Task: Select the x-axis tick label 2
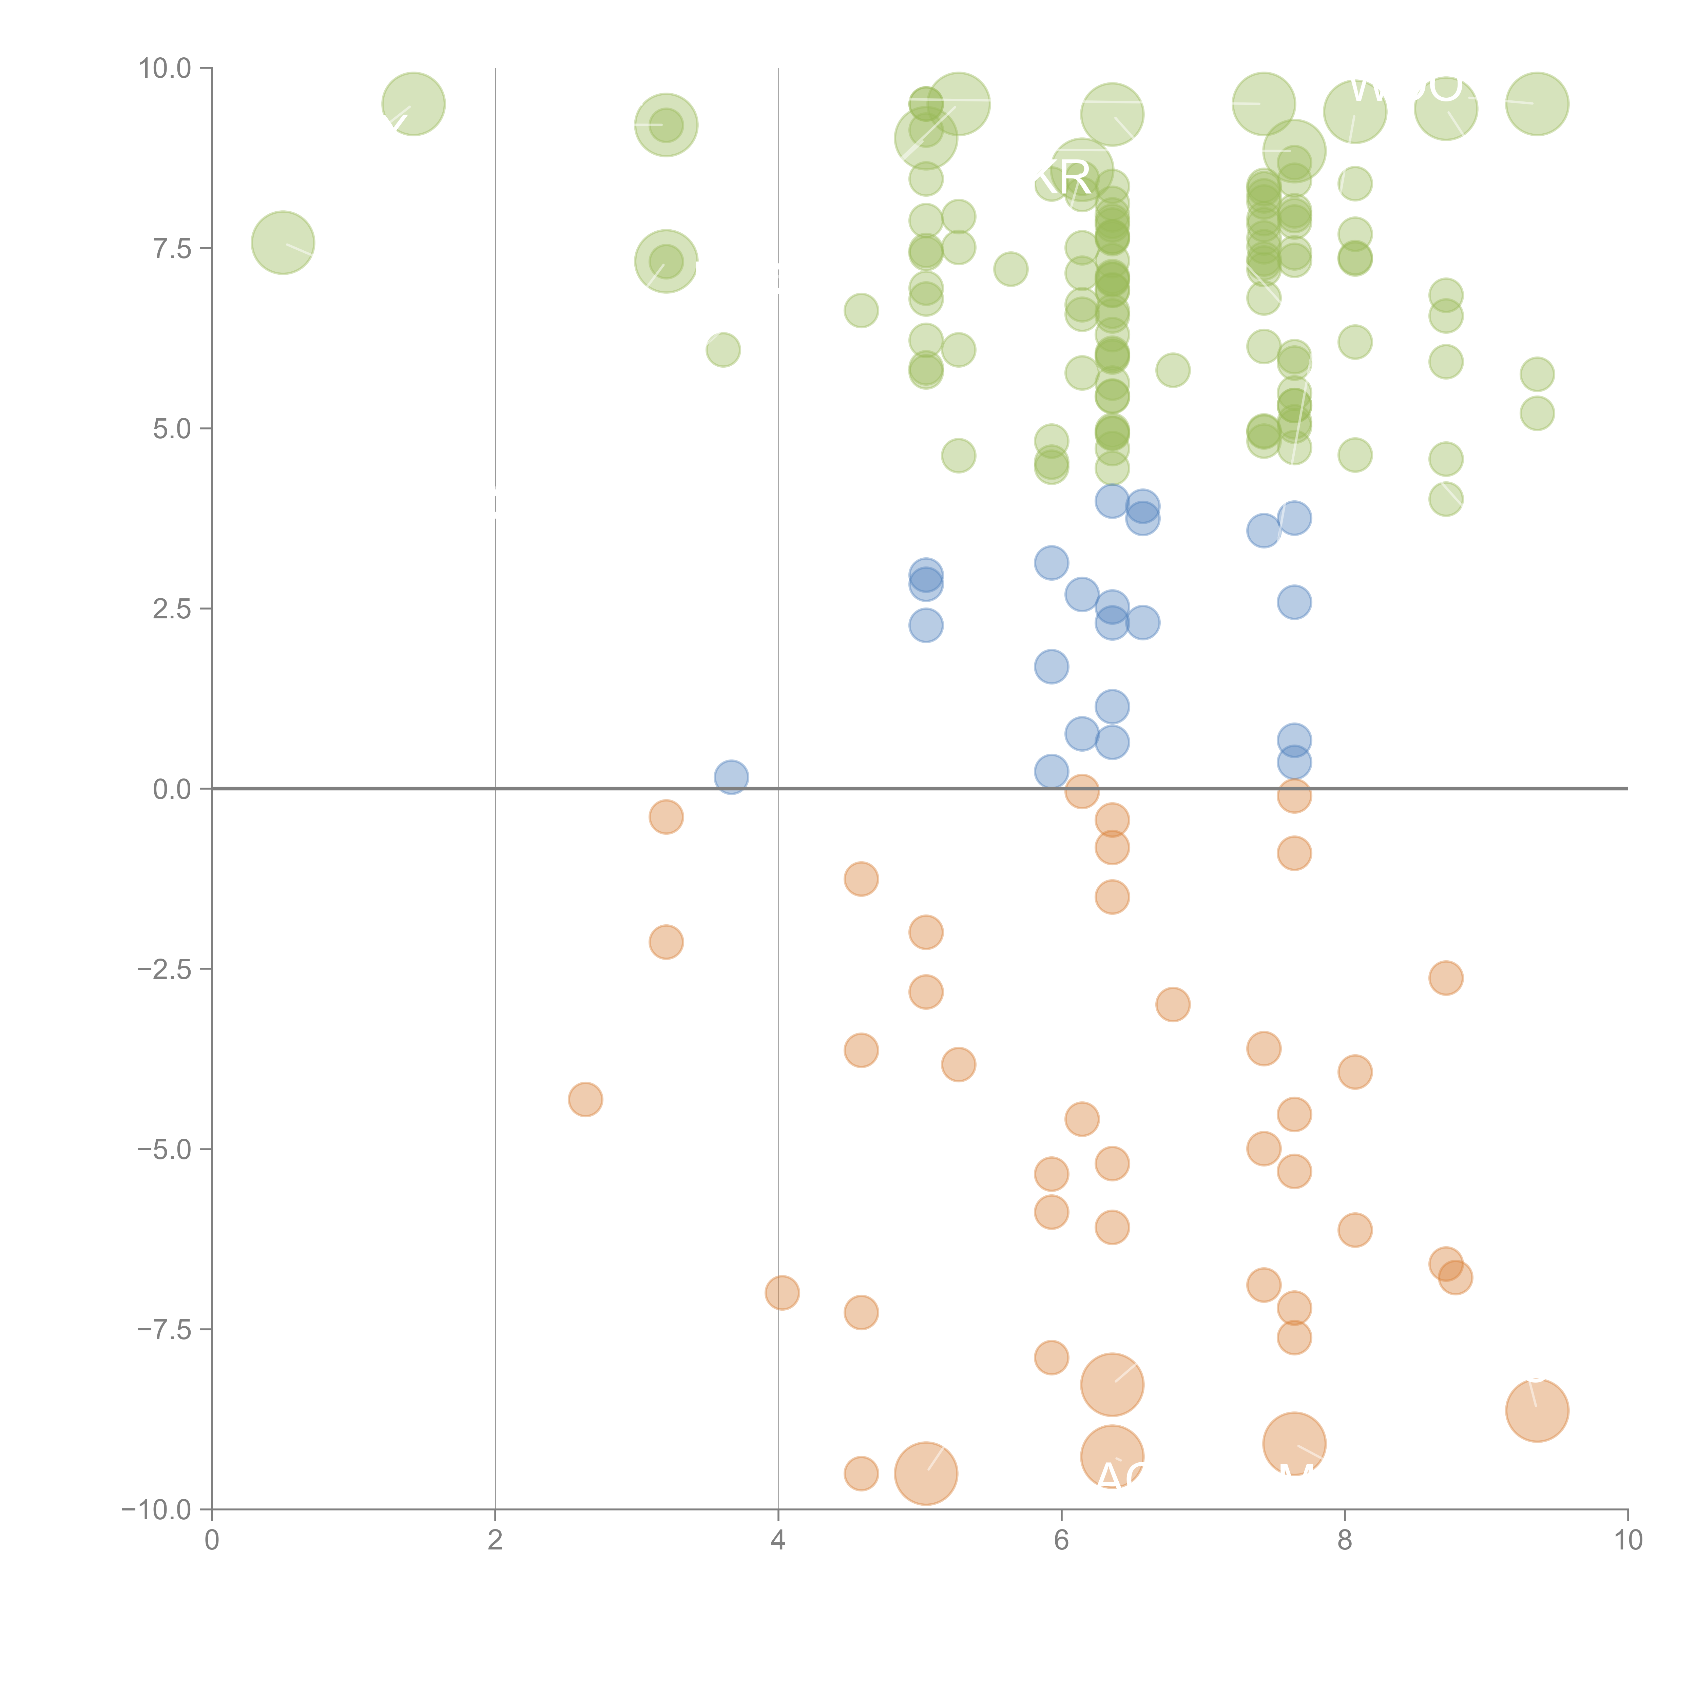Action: pyautogui.click(x=495, y=1541)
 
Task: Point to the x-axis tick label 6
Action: pyautogui.click(x=1061, y=1541)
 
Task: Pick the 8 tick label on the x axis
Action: pyautogui.click(x=1345, y=1541)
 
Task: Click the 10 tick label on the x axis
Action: pyautogui.click(x=1627, y=1541)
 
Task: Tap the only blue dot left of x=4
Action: pyautogui.click(x=730, y=777)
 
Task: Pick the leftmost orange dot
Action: pyautogui.click(x=585, y=1099)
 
